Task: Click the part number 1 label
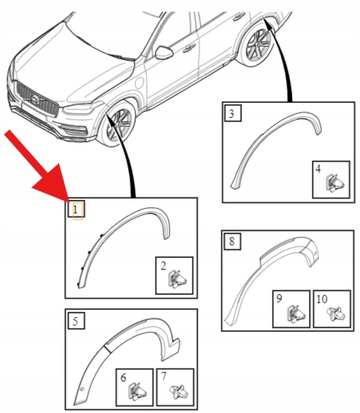tap(76, 210)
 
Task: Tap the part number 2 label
tap(164, 266)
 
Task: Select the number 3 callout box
tap(233, 113)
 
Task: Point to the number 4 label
tap(319, 169)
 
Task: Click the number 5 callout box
tap(76, 320)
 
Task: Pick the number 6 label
tap(123, 378)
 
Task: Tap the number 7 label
tap(164, 377)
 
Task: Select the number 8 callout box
tap(232, 241)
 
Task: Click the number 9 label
tap(279, 298)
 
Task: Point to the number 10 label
tap(321, 300)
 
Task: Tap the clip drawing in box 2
tap(177, 280)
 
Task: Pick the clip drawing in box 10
tap(336, 314)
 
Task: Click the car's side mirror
tap(164, 53)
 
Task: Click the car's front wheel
tap(119, 124)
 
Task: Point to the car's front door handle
tap(189, 49)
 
